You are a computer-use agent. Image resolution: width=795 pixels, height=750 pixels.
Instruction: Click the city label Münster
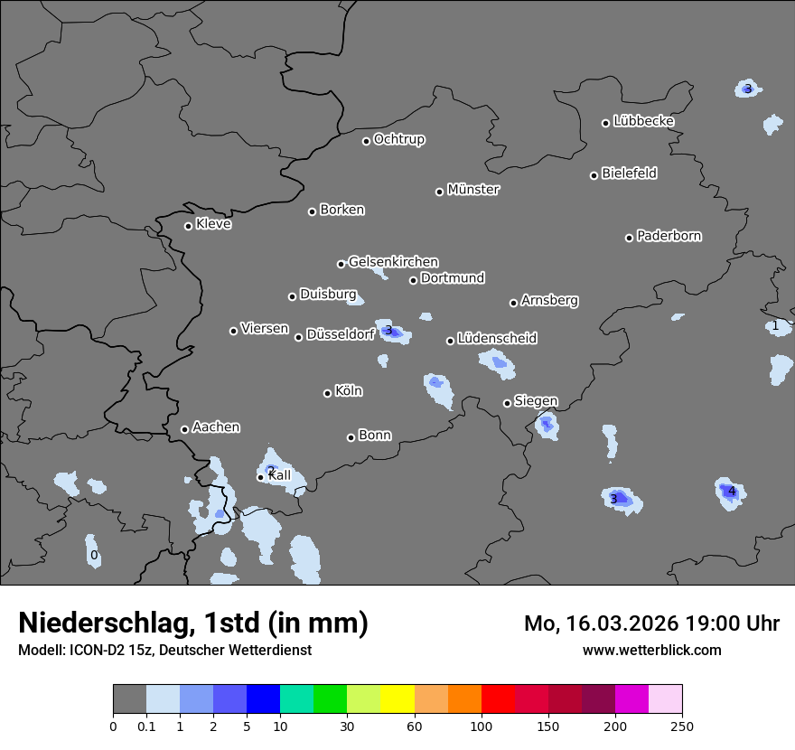point(473,190)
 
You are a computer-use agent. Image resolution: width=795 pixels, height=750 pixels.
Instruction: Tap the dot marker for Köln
point(328,393)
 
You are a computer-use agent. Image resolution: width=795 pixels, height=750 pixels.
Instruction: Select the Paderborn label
point(669,236)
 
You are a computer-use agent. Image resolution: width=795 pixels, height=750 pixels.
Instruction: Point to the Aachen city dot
point(184,429)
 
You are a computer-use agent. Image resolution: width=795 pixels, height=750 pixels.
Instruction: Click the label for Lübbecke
point(643,121)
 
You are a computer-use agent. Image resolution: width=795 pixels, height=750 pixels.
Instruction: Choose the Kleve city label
point(213,224)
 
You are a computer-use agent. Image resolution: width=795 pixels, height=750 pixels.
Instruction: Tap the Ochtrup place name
point(398,139)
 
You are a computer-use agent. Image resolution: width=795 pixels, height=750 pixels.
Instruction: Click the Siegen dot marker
point(507,403)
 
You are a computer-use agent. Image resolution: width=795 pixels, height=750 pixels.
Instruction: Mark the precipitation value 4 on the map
point(732,492)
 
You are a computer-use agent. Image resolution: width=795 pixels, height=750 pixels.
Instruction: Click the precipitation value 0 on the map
point(94,555)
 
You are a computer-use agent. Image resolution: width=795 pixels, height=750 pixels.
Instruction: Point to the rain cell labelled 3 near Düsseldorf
point(388,331)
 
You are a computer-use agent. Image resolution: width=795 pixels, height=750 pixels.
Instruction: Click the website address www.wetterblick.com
point(651,650)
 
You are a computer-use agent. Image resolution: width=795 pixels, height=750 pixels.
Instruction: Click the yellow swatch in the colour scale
point(397,699)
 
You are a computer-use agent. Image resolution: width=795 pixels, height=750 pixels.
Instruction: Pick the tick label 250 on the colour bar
point(682,726)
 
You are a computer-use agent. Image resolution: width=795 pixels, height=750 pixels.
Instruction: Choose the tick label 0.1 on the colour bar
point(146,726)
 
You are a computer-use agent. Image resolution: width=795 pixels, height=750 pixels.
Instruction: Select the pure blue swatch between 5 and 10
point(264,699)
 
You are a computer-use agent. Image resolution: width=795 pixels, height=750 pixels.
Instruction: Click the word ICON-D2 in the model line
point(94,650)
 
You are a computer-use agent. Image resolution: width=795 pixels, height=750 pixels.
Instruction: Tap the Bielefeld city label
point(629,173)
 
